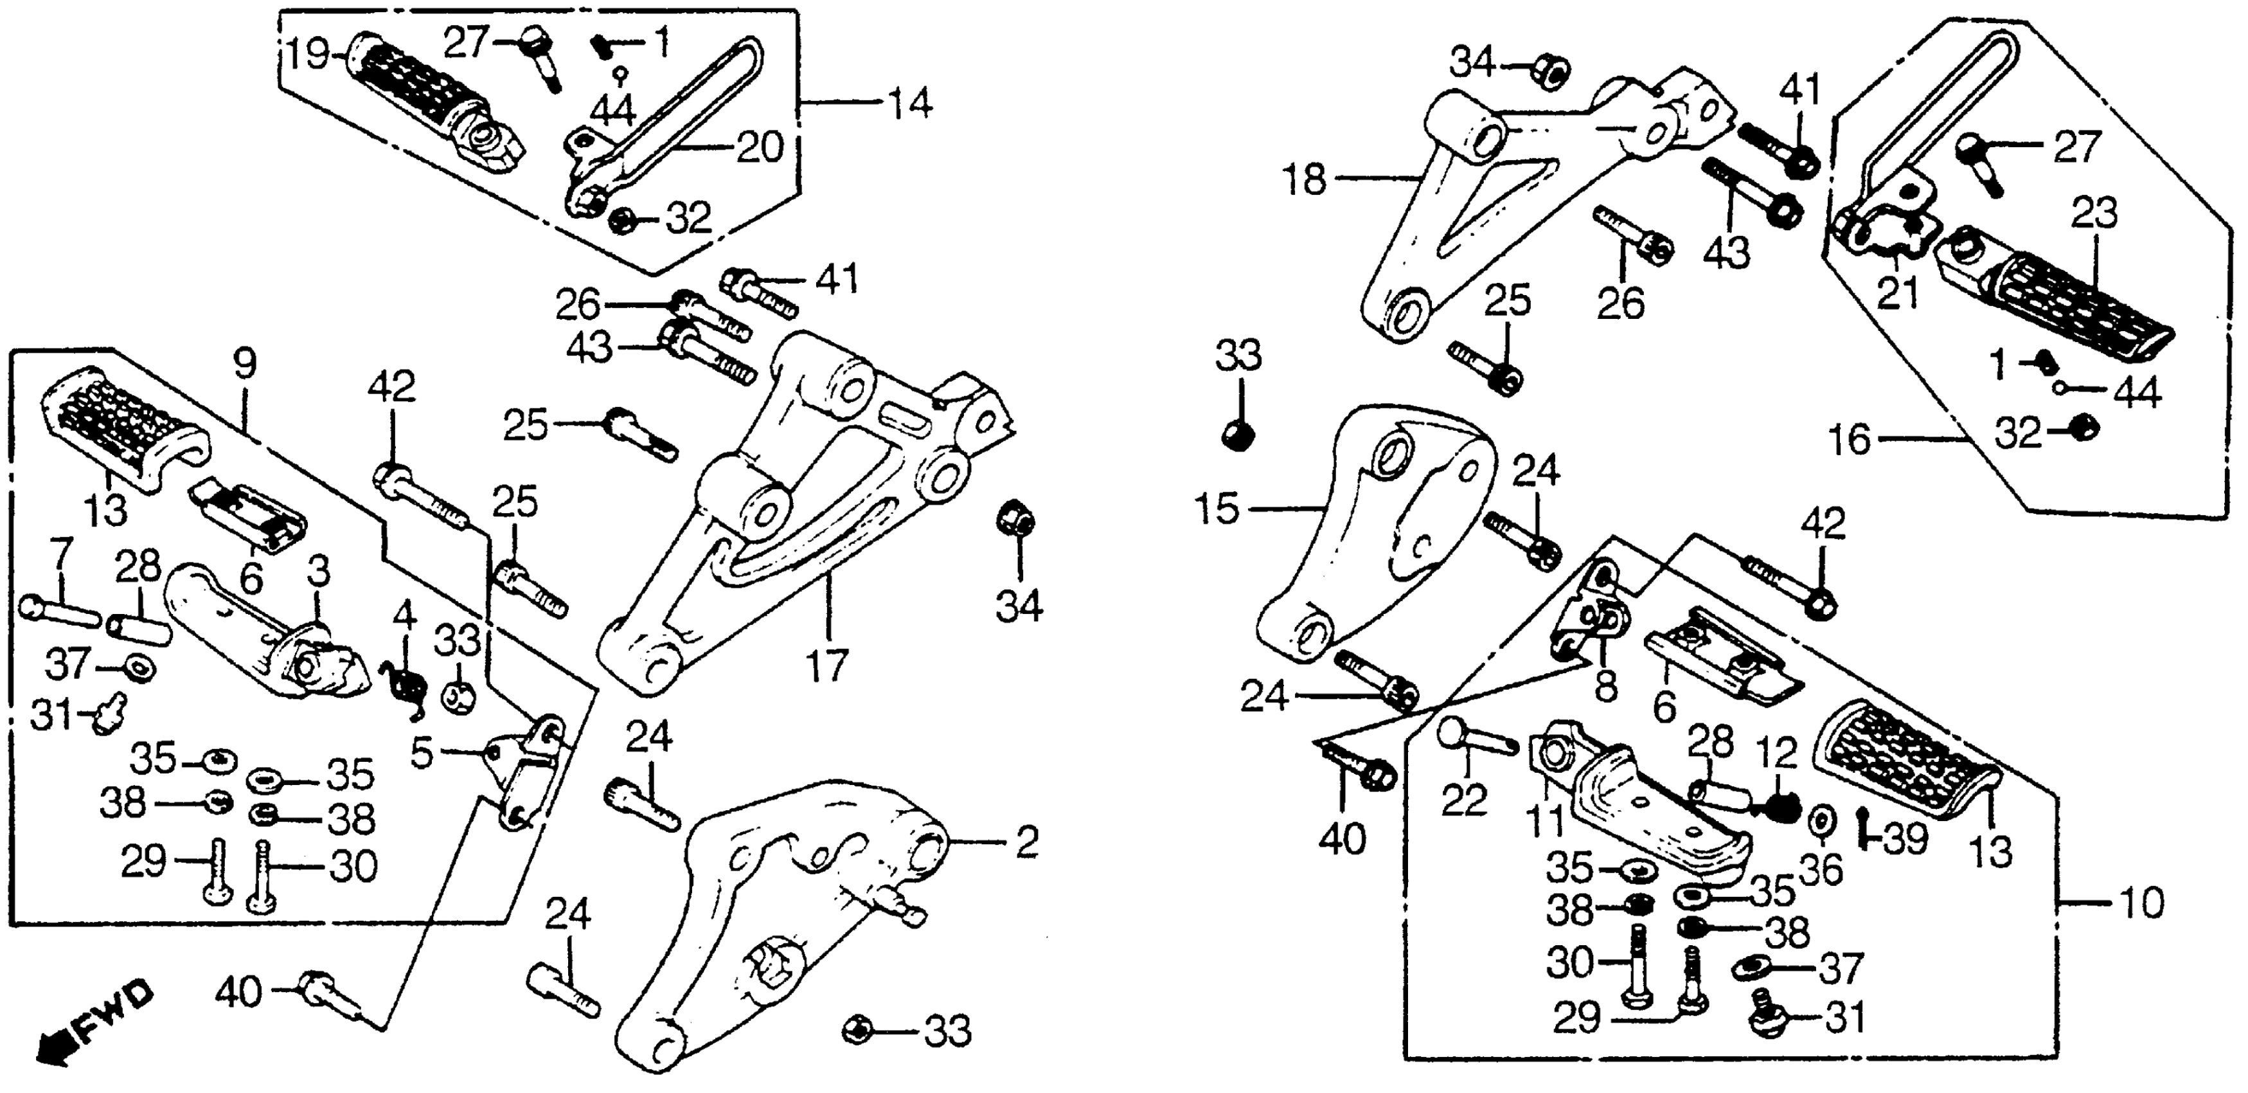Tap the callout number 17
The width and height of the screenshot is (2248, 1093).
point(826,666)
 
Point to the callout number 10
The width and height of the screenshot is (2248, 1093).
point(2140,903)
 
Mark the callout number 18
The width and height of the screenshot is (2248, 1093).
point(1305,181)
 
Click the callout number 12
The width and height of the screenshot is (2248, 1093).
point(1778,752)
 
